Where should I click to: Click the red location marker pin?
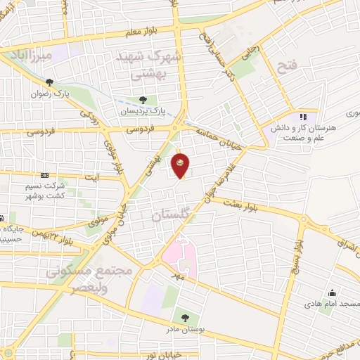click(x=181, y=165)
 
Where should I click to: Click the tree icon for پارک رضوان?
click(x=49, y=83)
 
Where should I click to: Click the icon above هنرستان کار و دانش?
click(x=304, y=117)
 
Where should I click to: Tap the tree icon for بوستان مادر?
click(x=185, y=319)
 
